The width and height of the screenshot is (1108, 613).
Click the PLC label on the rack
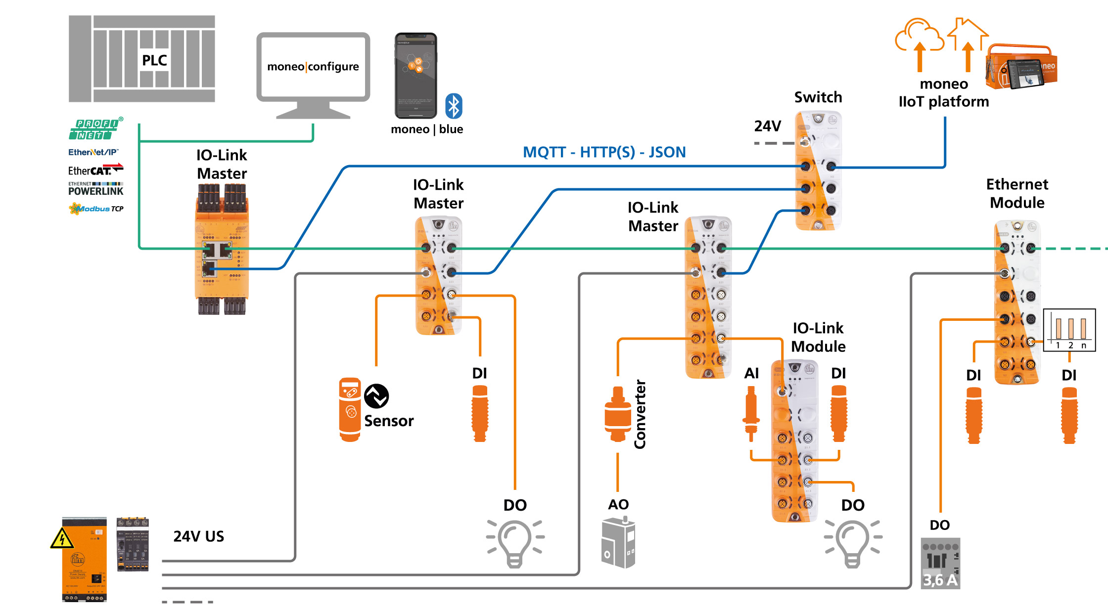154,60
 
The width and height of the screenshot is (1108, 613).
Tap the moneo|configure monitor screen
313,66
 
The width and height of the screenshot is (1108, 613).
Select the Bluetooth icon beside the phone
454,106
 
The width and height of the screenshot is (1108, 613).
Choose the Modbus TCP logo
96,209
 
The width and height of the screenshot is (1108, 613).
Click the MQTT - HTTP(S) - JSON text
604,152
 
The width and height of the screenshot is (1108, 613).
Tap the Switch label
818,97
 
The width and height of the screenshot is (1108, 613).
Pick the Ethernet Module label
1017,193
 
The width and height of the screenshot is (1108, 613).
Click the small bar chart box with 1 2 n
1069,330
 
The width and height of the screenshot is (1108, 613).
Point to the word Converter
640,414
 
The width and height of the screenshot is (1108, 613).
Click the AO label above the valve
618,505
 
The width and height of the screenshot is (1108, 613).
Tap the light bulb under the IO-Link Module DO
852,543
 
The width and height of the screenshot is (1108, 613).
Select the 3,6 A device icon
940,564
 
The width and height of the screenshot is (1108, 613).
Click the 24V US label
198,536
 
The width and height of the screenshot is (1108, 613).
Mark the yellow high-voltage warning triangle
62,539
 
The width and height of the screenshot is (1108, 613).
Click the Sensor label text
389,421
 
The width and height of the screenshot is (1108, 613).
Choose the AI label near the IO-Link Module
751,373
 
